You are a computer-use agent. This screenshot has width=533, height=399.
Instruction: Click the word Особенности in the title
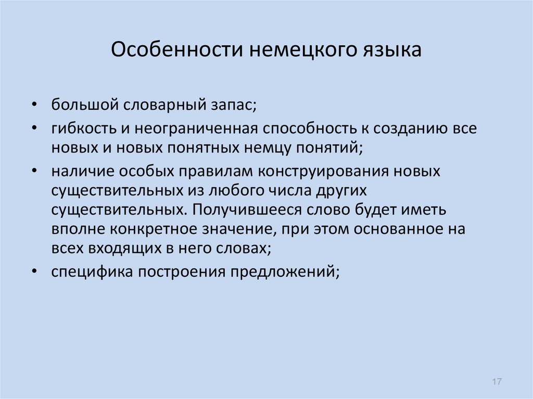click(177, 49)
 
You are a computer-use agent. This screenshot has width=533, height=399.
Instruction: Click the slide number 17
click(497, 381)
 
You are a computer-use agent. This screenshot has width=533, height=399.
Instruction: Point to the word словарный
click(164, 105)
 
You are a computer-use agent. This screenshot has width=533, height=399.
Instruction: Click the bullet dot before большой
click(34, 105)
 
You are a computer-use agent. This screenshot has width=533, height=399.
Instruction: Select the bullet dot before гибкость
click(34, 128)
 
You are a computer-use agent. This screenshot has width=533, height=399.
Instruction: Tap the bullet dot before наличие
click(34, 171)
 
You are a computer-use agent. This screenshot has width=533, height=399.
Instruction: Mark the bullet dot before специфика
click(34, 272)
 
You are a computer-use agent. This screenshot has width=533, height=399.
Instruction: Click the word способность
click(309, 128)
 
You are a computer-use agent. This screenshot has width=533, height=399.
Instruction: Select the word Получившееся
click(247, 210)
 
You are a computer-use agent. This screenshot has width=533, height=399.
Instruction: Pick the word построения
click(181, 272)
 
